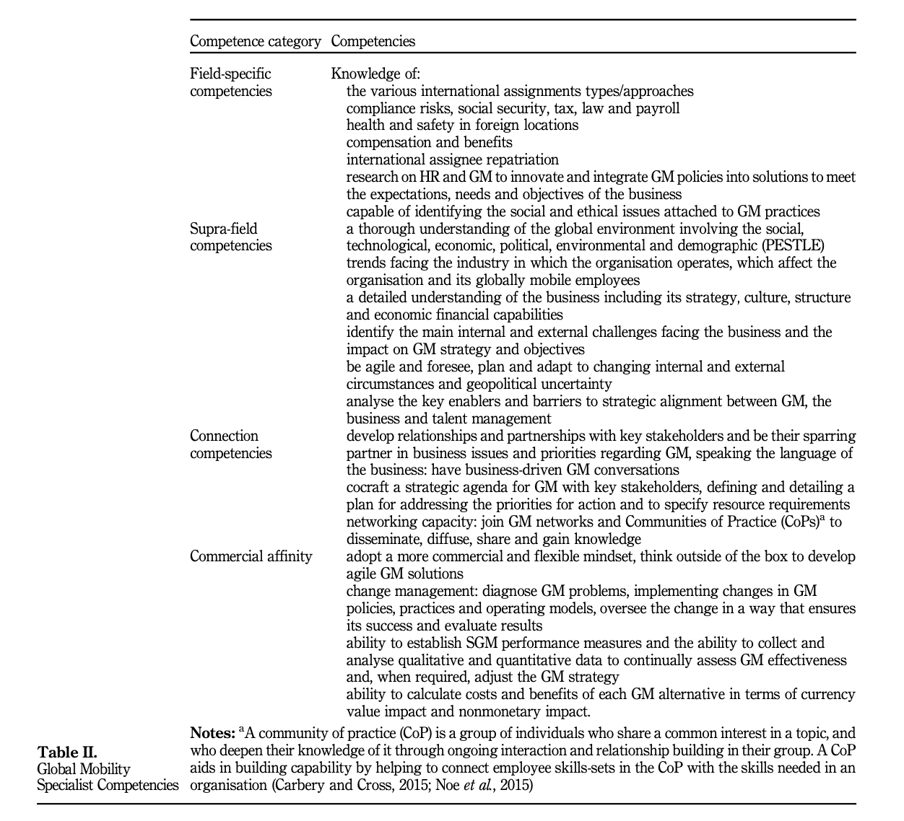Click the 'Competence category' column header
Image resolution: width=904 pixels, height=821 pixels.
pyautogui.click(x=255, y=41)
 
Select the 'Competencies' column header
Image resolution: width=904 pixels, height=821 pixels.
pyautogui.click(x=373, y=41)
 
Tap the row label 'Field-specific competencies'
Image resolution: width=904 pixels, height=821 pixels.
pyautogui.click(x=231, y=82)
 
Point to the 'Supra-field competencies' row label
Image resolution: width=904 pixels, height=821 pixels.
pyautogui.click(x=231, y=237)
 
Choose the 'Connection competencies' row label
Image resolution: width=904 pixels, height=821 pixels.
pyautogui.click(x=231, y=444)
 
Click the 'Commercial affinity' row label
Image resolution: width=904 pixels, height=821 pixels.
pyautogui.click(x=251, y=556)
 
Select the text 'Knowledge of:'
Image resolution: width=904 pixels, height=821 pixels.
pyautogui.click(x=375, y=74)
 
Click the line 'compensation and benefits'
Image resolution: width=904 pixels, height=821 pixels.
pyautogui.click(x=429, y=142)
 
